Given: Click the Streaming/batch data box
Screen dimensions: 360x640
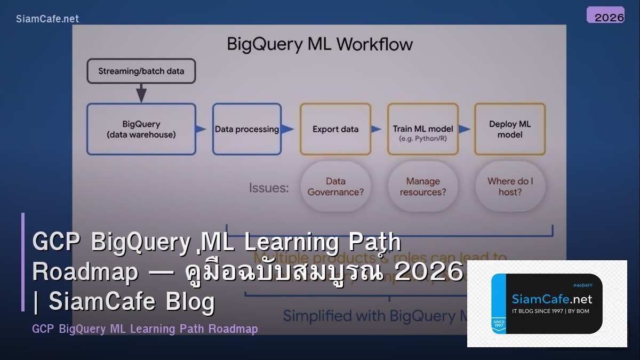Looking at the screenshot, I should click(x=141, y=71).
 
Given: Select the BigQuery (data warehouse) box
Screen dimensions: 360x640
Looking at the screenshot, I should click(x=141, y=129).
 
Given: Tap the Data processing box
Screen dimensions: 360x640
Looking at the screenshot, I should click(x=246, y=129).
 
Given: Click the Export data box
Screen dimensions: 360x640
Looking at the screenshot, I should click(x=335, y=129).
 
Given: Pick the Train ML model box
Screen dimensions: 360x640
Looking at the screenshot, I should click(x=422, y=129).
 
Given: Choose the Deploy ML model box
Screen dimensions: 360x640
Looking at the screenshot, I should click(x=510, y=129).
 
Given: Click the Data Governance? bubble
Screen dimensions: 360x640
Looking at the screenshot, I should click(x=335, y=187).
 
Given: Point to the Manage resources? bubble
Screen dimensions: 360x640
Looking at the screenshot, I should click(x=423, y=187).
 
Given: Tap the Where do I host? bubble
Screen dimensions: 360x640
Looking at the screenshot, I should click(x=510, y=187).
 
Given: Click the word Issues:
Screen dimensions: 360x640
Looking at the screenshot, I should click(x=269, y=188).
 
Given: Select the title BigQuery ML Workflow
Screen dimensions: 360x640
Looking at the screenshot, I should click(x=319, y=44).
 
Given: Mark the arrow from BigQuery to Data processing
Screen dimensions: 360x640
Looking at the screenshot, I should click(x=201, y=129).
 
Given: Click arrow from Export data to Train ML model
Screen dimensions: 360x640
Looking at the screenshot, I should click(x=377, y=129).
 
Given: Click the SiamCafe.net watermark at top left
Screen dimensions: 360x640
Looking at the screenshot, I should click(x=47, y=19).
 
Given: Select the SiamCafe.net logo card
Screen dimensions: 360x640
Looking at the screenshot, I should click(x=547, y=303).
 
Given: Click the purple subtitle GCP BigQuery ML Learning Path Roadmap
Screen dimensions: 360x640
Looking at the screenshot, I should click(x=145, y=329).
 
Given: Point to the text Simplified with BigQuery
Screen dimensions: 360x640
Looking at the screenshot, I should click(x=368, y=316).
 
